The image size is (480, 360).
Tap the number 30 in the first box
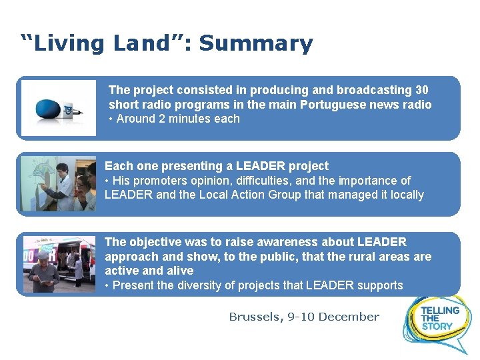[421, 90]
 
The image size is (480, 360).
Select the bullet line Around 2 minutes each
[174, 119]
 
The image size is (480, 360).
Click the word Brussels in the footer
[256, 317]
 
